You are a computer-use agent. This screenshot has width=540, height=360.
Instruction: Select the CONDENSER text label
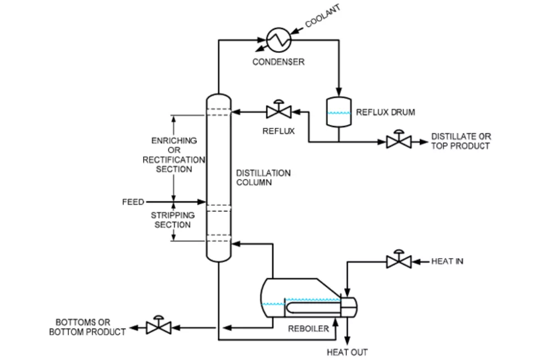pyautogui.click(x=278, y=62)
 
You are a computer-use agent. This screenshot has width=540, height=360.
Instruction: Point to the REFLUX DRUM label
pyautogui.click(x=385, y=112)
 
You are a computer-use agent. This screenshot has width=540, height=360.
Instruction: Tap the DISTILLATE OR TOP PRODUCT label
pyautogui.click(x=461, y=141)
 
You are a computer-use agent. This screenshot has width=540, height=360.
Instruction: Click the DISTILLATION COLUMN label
pyautogui.click(x=263, y=178)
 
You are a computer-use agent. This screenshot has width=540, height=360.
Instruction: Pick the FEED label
pyautogui.click(x=133, y=202)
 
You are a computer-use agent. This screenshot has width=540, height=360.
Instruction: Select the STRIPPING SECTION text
pyautogui.click(x=173, y=220)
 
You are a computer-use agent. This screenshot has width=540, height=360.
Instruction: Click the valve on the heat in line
pyautogui.click(x=398, y=261)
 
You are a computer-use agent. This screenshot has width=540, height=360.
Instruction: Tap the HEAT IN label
pyautogui.click(x=447, y=261)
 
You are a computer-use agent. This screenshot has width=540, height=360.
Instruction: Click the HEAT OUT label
pyautogui.click(x=347, y=352)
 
